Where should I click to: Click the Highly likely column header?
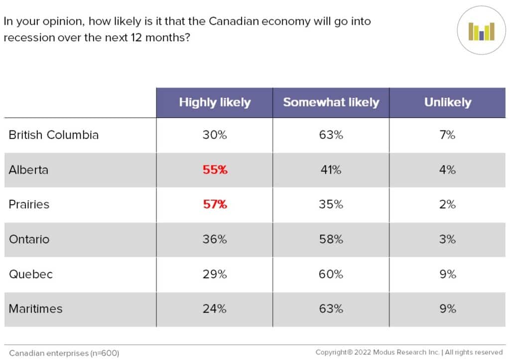[x=215, y=103]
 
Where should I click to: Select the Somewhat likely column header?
[x=331, y=103]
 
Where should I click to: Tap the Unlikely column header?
[x=447, y=103]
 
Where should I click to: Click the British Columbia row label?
[x=54, y=135]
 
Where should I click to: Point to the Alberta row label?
[x=28, y=170]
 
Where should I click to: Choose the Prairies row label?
[x=29, y=205]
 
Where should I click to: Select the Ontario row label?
[x=29, y=240]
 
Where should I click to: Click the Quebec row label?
[x=30, y=274]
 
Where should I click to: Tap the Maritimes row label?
[x=35, y=309]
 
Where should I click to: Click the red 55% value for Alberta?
[x=215, y=170]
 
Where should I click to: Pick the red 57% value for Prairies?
[x=215, y=205]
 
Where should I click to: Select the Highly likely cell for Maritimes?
[x=215, y=309]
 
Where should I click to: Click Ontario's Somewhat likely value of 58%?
[x=331, y=240]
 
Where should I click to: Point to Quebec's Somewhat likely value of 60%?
[x=331, y=274]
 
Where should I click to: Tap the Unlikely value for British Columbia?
[x=447, y=135]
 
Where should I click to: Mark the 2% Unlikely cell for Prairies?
[x=447, y=205]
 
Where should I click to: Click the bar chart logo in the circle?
[x=481, y=31]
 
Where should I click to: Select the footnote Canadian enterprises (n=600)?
[x=64, y=353]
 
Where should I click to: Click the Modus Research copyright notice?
[x=409, y=353]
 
